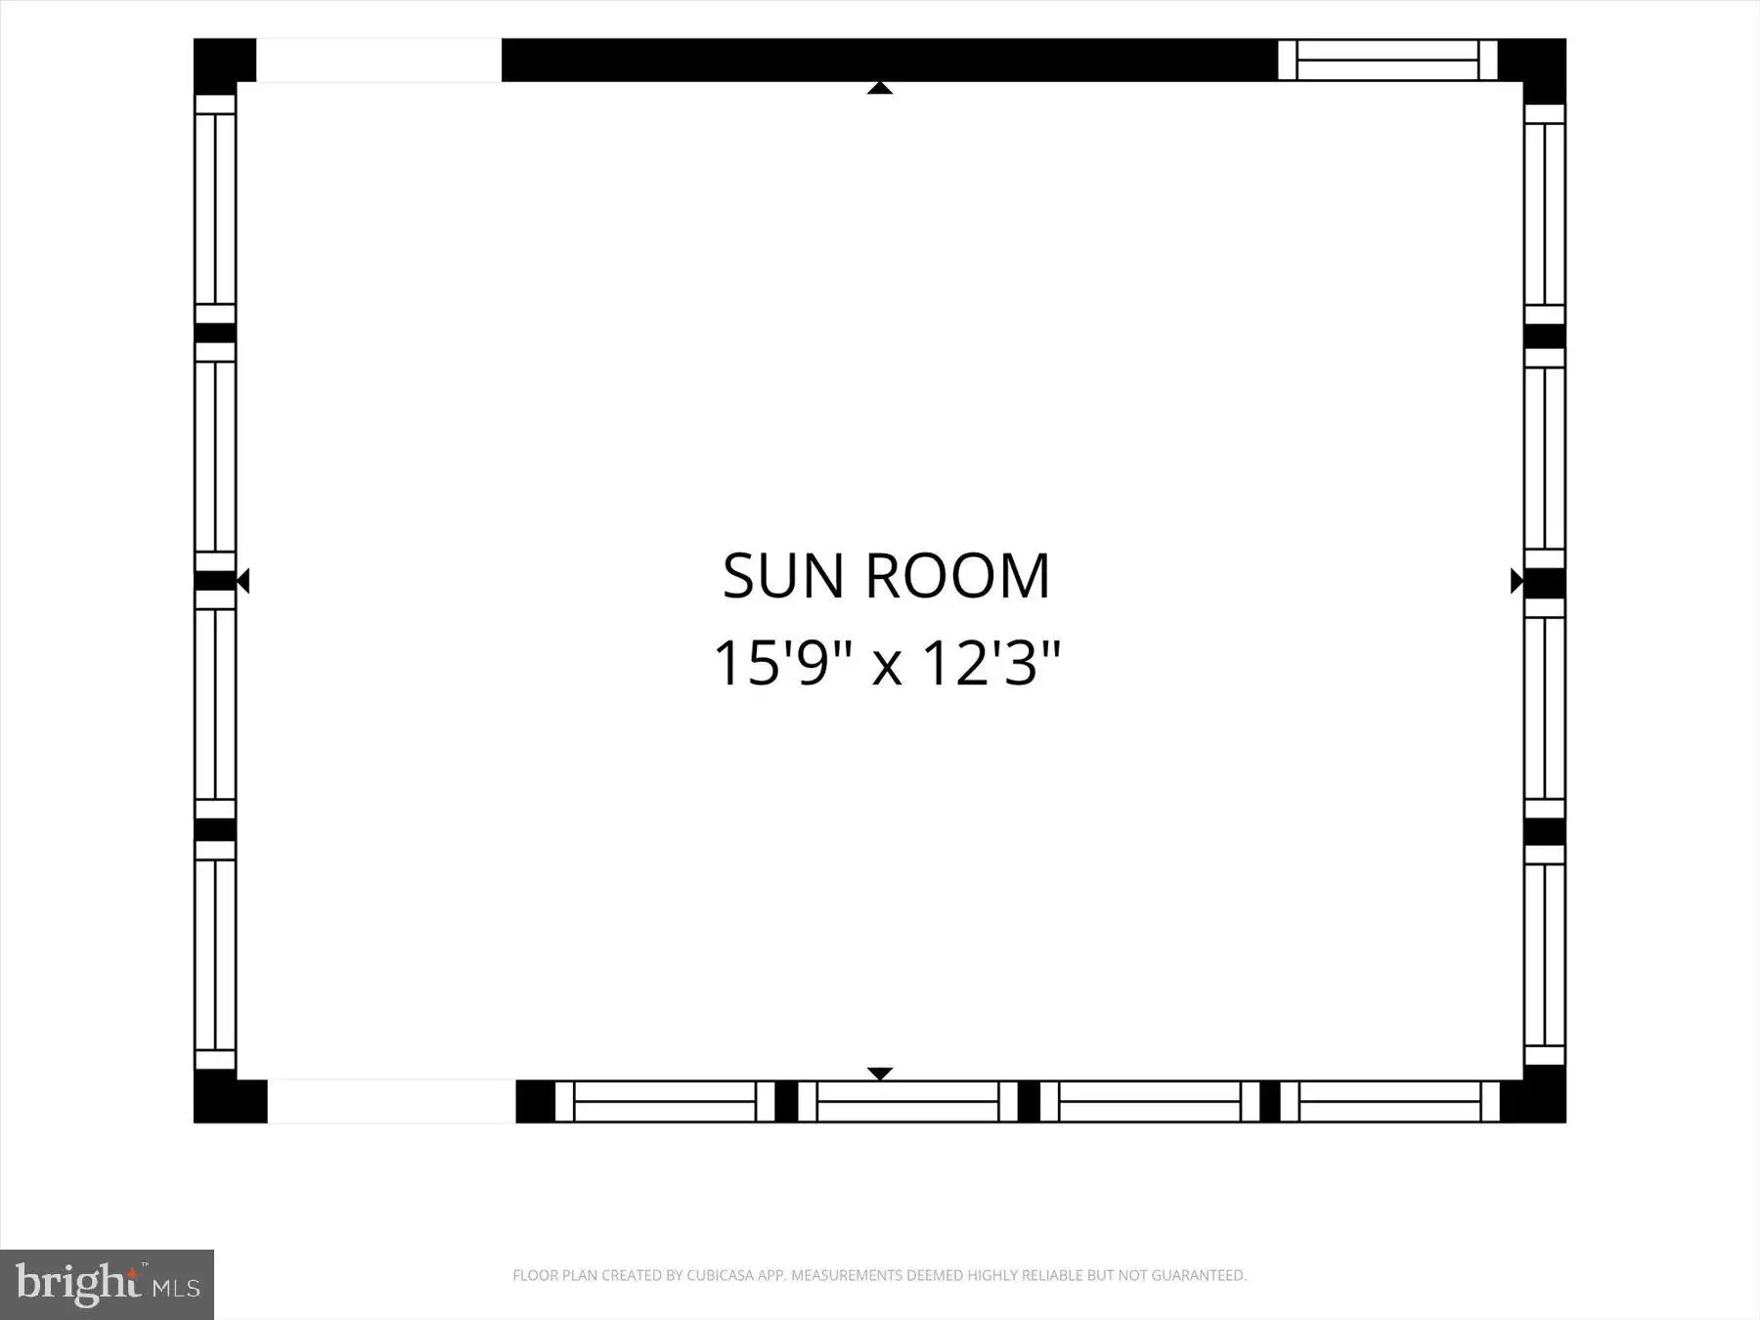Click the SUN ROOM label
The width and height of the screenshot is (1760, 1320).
[886, 576]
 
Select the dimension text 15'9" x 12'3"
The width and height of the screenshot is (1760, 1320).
[886, 663]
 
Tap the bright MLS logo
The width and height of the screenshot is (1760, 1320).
[107, 1284]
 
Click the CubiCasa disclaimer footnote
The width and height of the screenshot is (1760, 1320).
[880, 1275]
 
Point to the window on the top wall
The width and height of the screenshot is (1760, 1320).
[1387, 60]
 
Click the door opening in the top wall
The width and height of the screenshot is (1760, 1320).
[378, 61]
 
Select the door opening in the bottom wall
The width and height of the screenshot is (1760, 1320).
[391, 1101]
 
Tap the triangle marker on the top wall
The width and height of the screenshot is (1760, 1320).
[880, 88]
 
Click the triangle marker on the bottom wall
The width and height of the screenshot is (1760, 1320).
[880, 1074]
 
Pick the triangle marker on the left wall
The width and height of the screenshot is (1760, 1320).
[243, 581]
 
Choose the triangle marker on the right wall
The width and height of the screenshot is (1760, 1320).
[1517, 581]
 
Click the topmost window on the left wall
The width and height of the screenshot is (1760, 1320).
[215, 209]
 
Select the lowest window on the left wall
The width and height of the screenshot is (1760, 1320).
[215, 955]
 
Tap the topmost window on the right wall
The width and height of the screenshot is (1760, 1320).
[1545, 214]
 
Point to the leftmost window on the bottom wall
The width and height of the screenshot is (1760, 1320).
[665, 1101]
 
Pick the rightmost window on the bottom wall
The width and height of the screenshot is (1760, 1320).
[1389, 1101]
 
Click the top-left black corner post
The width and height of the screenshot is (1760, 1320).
[224, 66]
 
